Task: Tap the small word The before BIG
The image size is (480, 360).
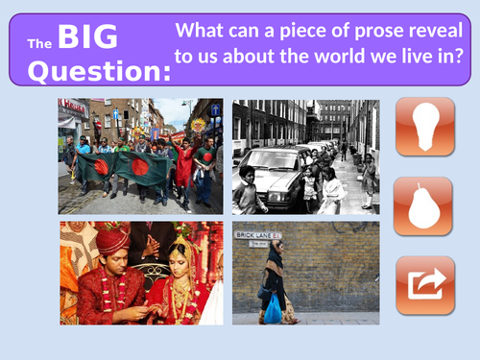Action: [x=39, y=43]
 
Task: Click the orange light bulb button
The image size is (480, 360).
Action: [x=424, y=126]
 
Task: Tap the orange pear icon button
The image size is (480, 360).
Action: [x=424, y=205]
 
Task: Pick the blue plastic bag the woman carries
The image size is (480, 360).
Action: [x=274, y=307]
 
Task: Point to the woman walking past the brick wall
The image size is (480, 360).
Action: [x=275, y=278]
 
